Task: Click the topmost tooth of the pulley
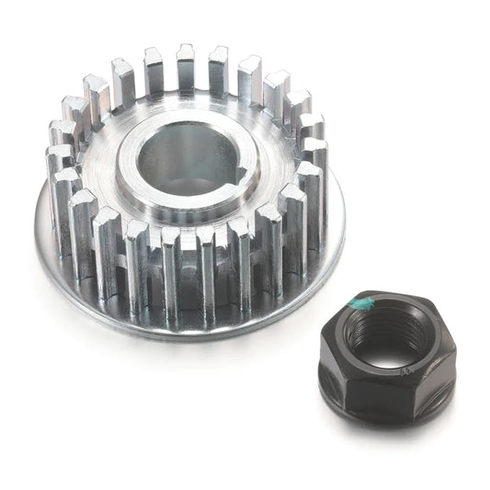[x=187, y=64]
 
